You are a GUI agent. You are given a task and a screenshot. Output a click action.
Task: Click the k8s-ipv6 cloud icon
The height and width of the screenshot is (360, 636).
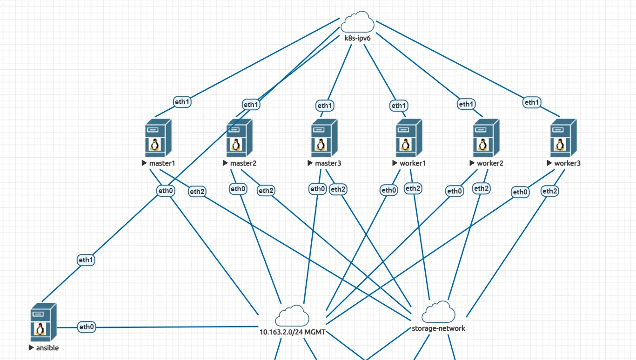(357, 22)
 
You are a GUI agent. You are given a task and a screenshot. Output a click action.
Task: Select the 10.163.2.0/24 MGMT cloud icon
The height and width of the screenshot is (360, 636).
(292, 316)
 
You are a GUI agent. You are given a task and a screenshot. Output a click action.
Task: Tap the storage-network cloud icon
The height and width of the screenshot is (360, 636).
(438, 312)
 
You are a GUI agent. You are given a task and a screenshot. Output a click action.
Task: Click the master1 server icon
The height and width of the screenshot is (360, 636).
(159, 138)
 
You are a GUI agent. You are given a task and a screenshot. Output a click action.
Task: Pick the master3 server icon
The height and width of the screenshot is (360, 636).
(324, 138)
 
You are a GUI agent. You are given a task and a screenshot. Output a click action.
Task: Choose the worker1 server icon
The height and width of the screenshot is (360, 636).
(409, 138)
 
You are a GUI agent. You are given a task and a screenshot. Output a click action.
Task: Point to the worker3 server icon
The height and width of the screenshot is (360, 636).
(563, 138)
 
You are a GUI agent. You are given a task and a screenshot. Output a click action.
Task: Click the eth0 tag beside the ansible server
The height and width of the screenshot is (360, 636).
(87, 327)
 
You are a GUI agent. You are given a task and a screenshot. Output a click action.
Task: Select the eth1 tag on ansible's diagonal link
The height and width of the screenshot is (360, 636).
(86, 260)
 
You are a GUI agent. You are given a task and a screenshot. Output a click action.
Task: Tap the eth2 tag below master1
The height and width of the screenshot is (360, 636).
(197, 191)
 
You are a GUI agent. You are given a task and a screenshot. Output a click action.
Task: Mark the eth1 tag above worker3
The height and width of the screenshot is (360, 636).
(531, 102)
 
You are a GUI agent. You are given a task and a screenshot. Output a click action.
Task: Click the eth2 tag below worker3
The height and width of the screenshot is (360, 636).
(549, 191)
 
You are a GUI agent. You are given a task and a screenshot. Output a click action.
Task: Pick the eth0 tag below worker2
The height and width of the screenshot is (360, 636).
(455, 191)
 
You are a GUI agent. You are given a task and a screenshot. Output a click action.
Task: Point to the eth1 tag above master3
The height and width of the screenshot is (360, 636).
(324, 106)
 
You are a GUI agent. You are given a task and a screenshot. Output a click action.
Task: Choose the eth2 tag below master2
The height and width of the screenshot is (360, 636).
(266, 190)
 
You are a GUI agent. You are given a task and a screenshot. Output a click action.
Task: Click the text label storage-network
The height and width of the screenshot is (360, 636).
(438, 328)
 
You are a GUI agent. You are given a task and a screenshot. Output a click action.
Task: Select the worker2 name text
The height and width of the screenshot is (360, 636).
(490, 163)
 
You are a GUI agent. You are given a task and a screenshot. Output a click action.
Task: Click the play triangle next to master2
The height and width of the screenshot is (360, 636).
(225, 163)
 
